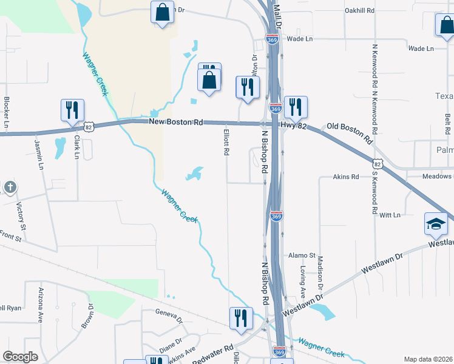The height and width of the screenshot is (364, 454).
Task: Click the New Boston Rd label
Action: (176, 122)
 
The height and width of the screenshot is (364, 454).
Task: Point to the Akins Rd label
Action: (346, 177)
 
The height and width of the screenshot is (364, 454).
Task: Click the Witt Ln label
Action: (390, 215)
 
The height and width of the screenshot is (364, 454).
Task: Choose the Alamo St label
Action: (302, 255)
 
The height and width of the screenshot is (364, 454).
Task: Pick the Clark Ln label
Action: (77, 146)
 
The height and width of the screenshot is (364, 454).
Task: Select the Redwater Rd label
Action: (213, 354)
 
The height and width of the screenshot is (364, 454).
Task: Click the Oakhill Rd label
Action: (359, 10)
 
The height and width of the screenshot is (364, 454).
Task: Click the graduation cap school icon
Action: (435, 224)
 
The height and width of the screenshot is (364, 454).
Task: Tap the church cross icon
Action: (9, 187)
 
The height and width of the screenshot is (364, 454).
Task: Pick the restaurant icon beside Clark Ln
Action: (72, 110)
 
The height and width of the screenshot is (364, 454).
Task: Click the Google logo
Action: (21, 357)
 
